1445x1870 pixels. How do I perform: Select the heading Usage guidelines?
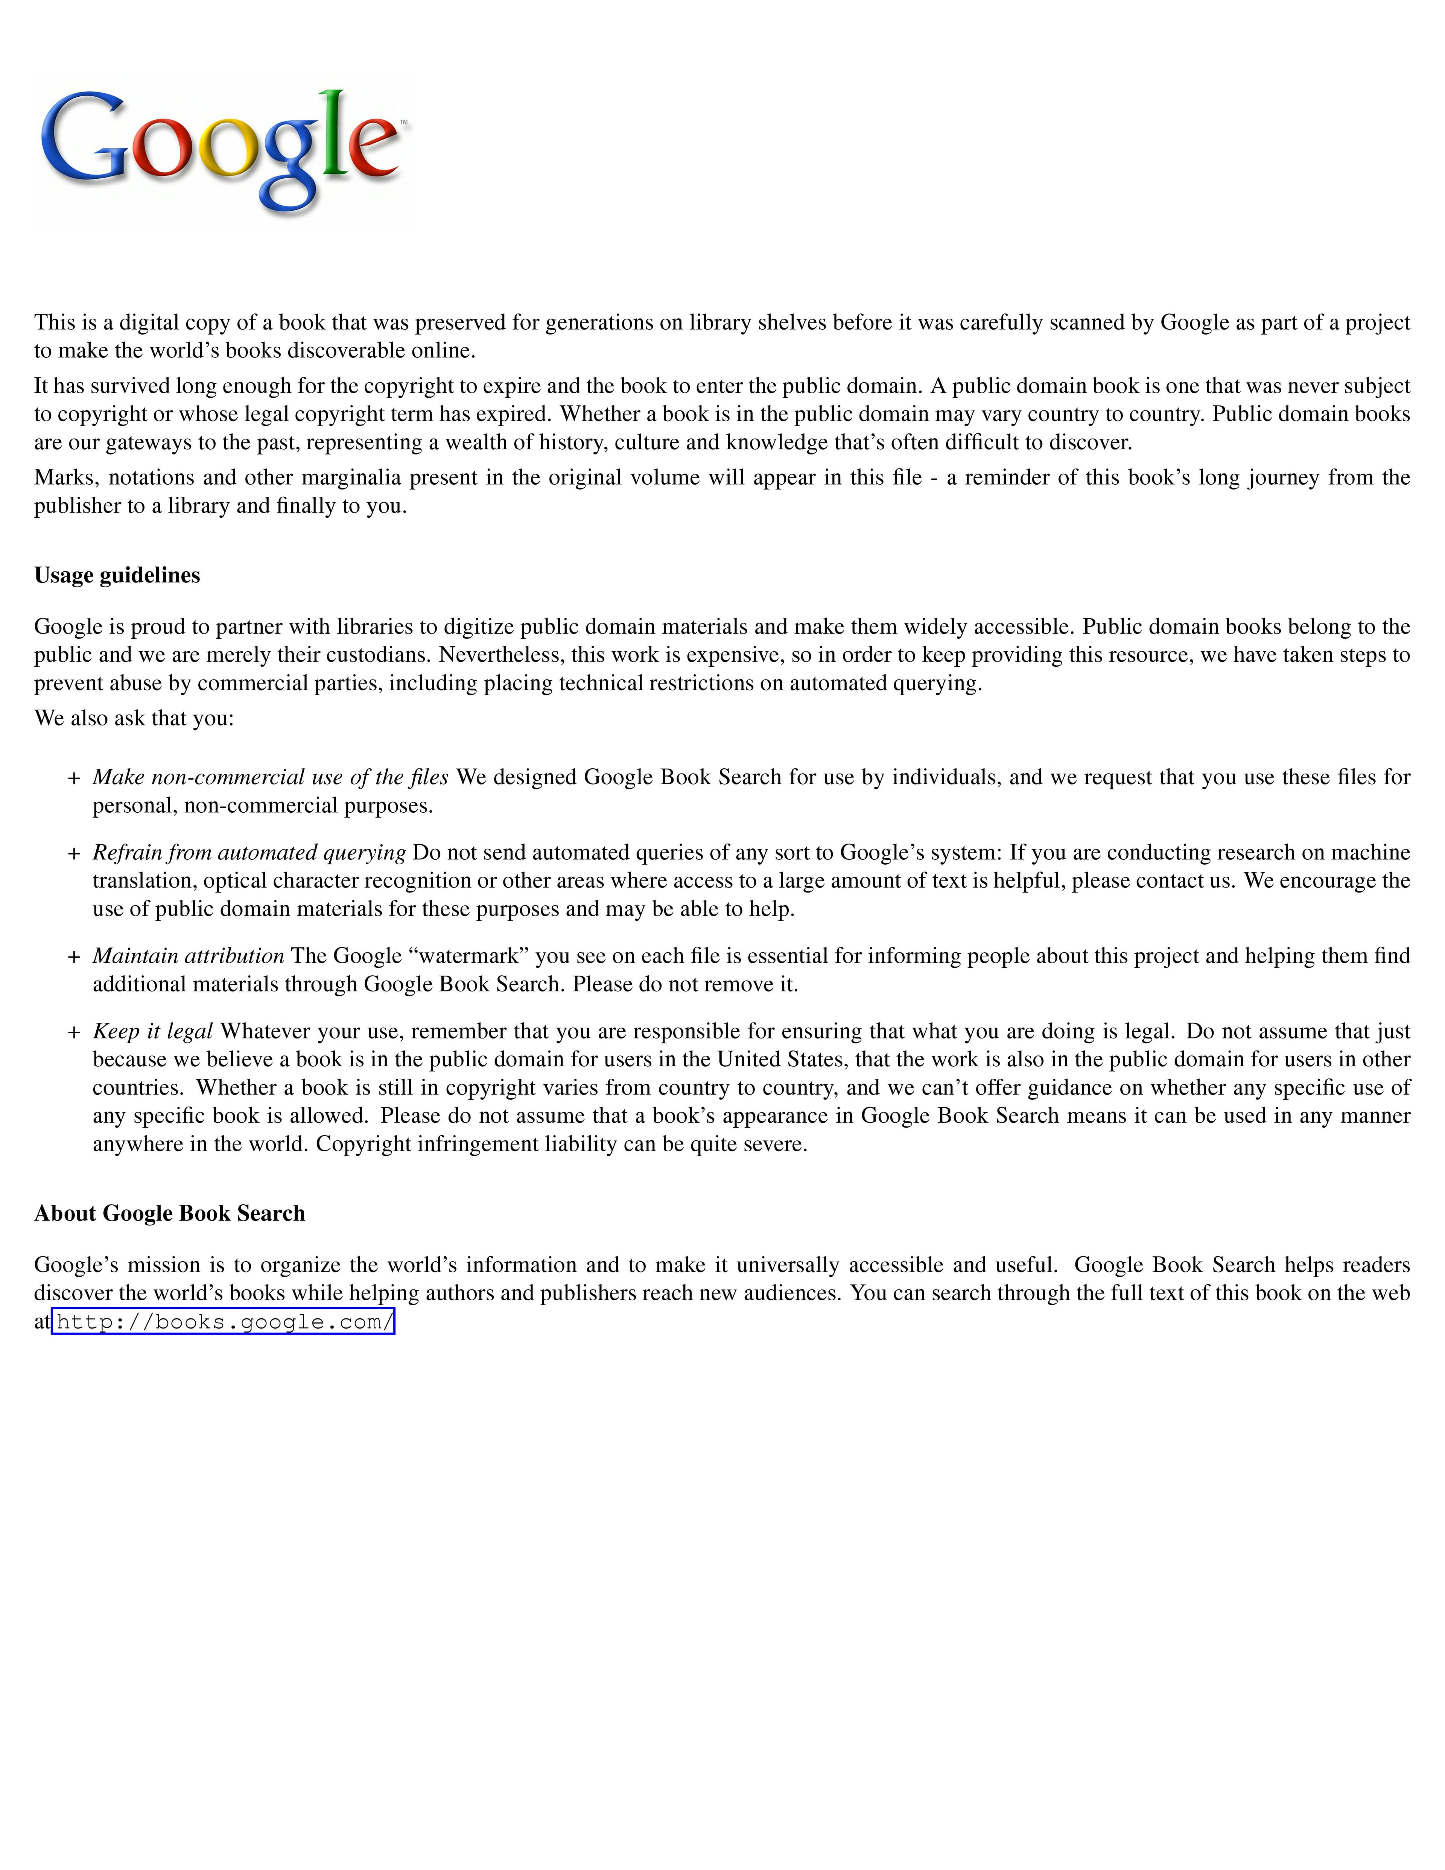[x=117, y=575]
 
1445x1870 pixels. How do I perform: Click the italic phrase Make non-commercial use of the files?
[x=271, y=777]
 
